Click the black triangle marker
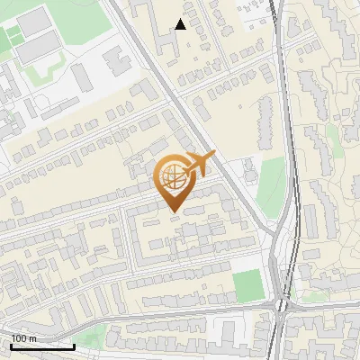click(181, 24)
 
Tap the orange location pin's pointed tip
click(173, 211)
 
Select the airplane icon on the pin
click(197, 166)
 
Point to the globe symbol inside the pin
click(171, 176)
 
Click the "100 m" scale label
click(24, 338)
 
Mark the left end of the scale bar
click(12, 346)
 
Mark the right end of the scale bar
click(74, 346)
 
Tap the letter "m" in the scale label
click(32, 338)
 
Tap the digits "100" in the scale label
click(19, 338)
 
